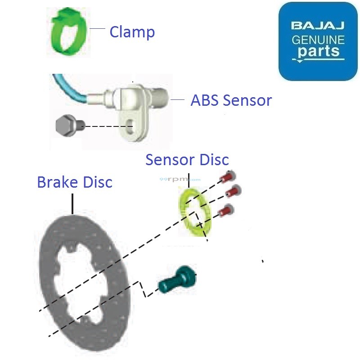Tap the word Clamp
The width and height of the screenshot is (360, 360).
(x=132, y=32)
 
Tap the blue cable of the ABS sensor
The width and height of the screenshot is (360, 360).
(x=67, y=90)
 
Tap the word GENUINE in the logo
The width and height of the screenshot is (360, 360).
(x=318, y=39)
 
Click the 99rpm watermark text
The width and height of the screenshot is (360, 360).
(x=174, y=179)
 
